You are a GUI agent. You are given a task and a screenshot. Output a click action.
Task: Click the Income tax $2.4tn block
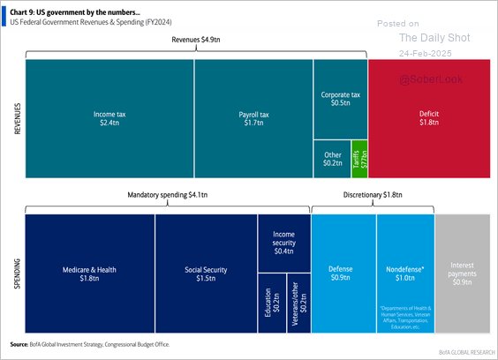[x=109, y=119]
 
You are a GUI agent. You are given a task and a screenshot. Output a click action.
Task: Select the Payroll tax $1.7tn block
[x=253, y=119]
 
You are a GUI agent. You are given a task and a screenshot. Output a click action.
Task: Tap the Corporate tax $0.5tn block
[x=340, y=98]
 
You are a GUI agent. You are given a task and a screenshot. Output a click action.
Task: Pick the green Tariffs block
[x=359, y=158]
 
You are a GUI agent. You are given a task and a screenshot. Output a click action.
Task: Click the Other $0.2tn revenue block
[x=332, y=158]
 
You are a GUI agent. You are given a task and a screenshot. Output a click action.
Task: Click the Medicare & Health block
[x=89, y=274]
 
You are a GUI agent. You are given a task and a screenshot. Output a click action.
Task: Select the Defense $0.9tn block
[x=343, y=274]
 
